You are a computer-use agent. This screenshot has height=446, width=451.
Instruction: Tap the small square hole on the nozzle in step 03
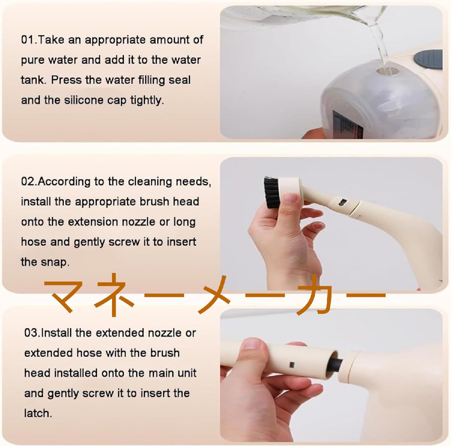(292, 365)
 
